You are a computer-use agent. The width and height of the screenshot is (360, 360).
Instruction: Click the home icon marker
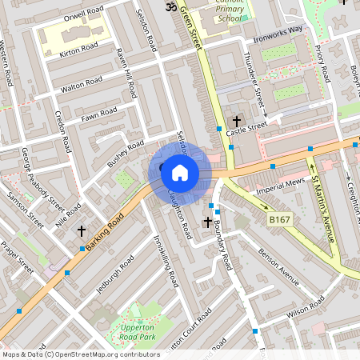tap(180, 172)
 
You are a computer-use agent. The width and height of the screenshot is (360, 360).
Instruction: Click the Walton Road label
tap(82, 83)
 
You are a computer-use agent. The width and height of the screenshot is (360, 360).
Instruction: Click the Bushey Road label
tap(126, 154)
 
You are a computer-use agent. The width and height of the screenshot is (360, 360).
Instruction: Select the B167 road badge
tap(278, 218)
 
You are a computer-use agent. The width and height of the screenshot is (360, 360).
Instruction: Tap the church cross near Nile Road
tap(82, 230)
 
